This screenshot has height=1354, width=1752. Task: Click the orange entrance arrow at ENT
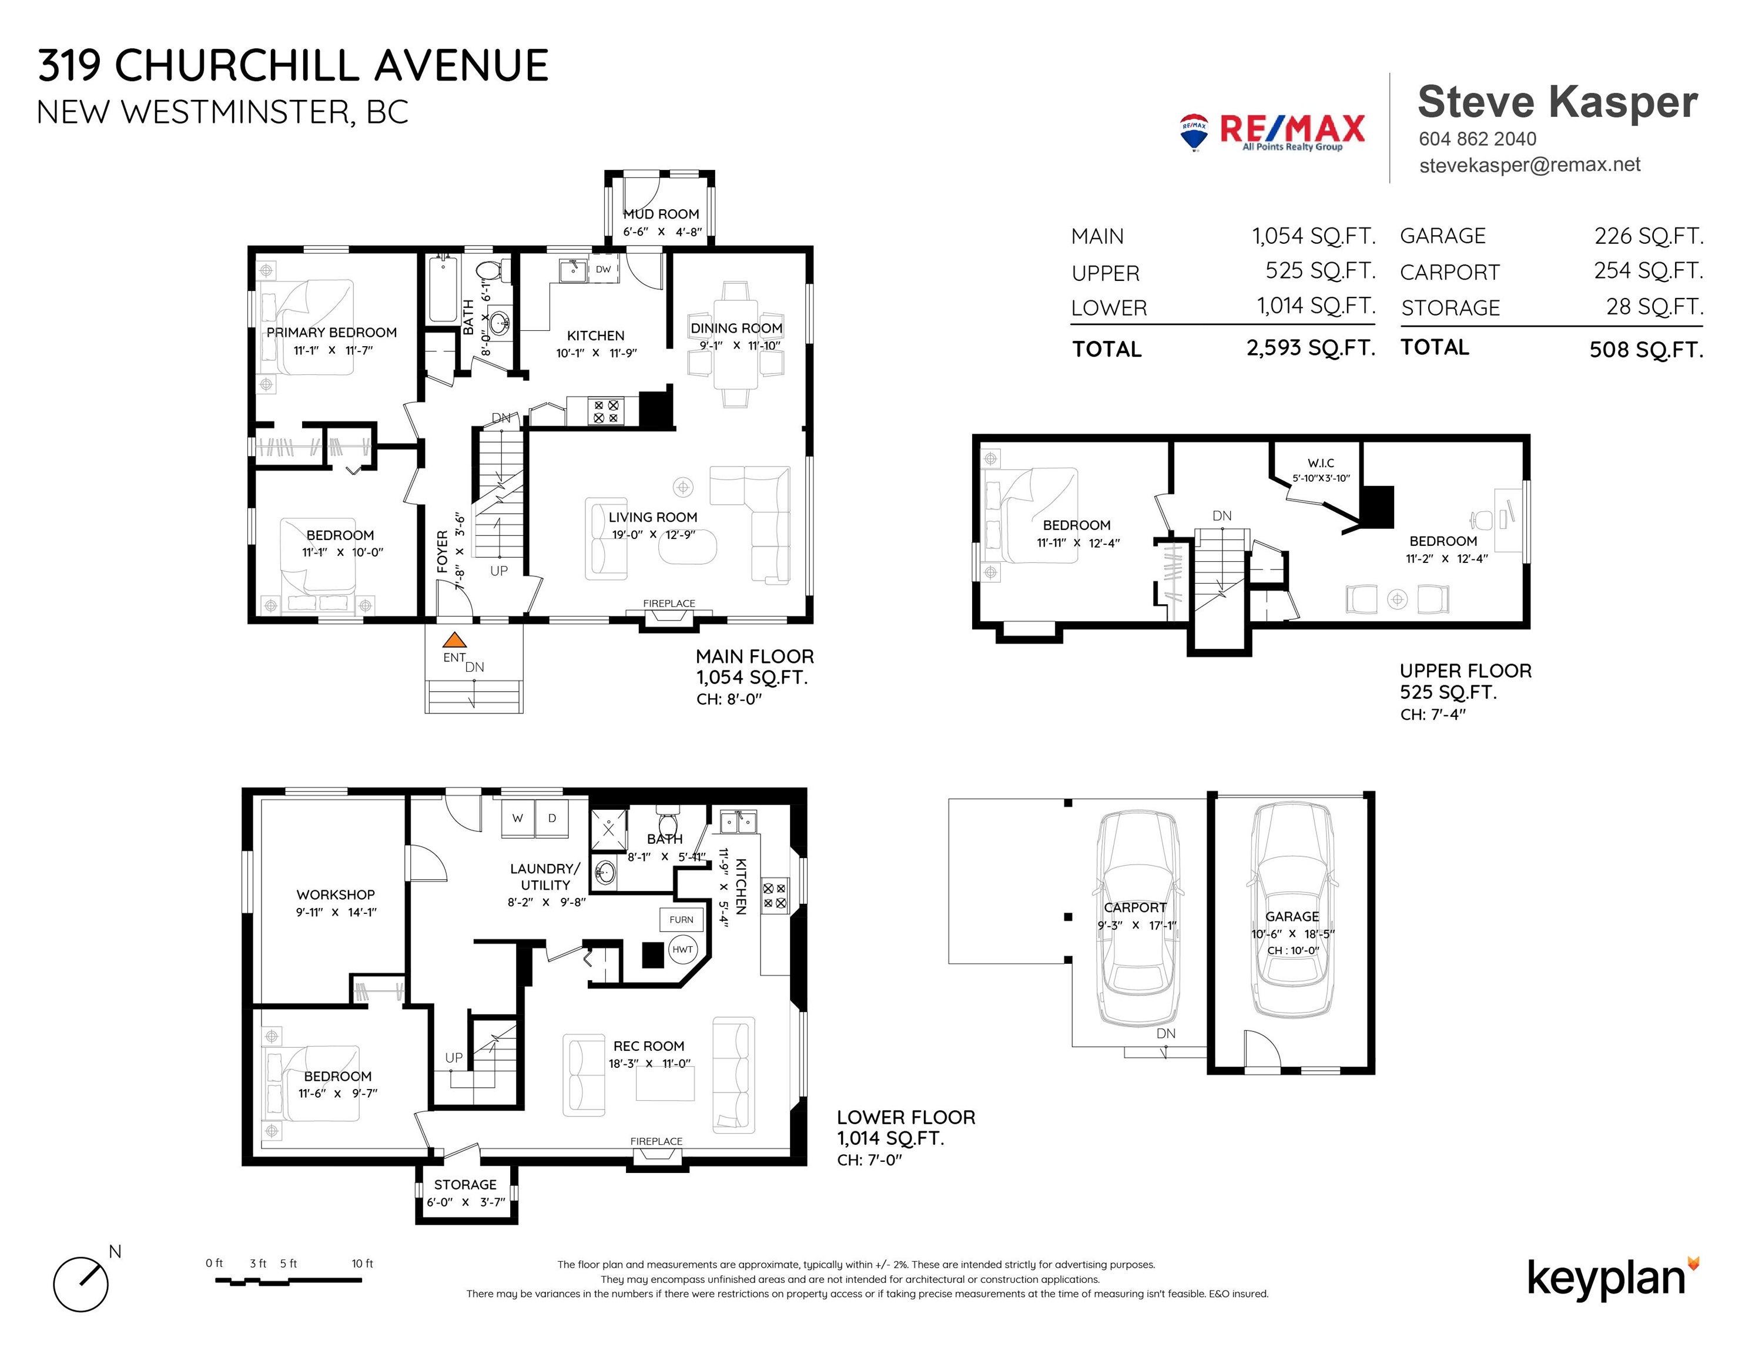click(x=455, y=640)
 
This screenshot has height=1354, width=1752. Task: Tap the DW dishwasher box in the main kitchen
click(x=603, y=270)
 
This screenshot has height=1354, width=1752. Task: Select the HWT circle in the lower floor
click(x=683, y=950)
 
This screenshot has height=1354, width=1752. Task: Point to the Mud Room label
click(x=661, y=214)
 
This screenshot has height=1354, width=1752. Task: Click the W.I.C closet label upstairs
click(x=1321, y=463)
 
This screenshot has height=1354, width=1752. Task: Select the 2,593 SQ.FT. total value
click(x=1311, y=348)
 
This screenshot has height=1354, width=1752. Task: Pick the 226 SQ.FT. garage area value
click(x=1649, y=236)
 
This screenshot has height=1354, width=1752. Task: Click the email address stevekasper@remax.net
click(x=1530, y=165)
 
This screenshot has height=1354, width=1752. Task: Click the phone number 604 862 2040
click(x=1478, y=139)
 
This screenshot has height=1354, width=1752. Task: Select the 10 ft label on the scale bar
click(x=363, y=1263)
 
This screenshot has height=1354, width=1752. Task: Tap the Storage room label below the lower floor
click(x=465, y=1185)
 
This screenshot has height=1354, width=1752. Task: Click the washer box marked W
click(x=518, y=818)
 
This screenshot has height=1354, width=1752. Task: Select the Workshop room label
click(x=336, y=894)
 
